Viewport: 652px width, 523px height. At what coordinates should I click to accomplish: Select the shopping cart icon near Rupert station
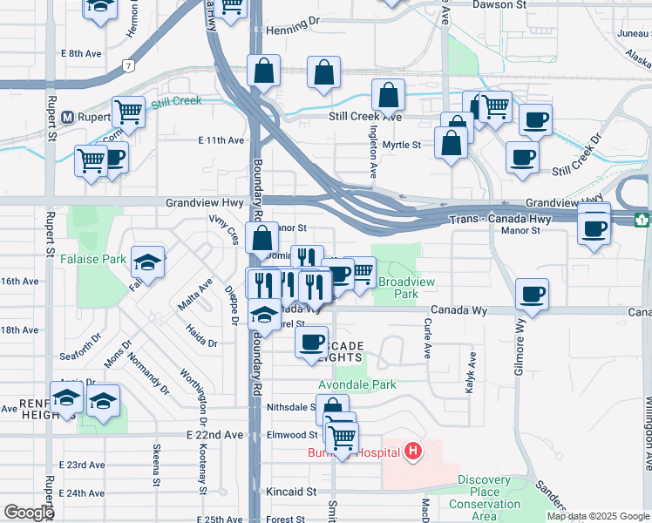click(x=128, y=112)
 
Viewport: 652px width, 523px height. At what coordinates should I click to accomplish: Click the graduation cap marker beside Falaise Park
click(x=148, y=260)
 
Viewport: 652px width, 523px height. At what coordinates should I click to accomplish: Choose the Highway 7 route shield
click(x=128, y=65)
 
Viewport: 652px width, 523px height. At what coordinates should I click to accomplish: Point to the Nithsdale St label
click(x=289, y=407)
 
